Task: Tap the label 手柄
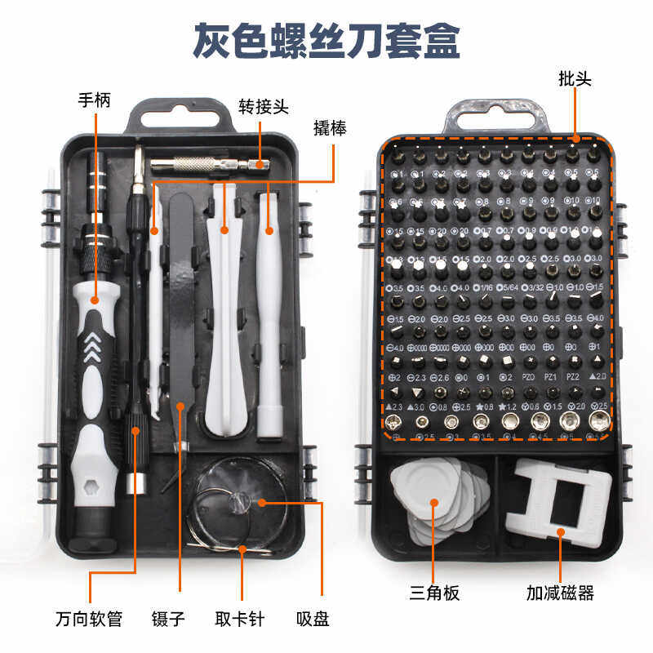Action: [94, 100]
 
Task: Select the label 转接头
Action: [264, 107]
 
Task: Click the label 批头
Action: [575, 79]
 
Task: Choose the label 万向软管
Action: [89, 618]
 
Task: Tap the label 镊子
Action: [168, 618]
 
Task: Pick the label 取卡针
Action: [241, 618]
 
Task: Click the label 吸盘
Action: [313, 618]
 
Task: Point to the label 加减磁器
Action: [560, 593]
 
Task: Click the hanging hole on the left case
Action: [176, 117]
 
